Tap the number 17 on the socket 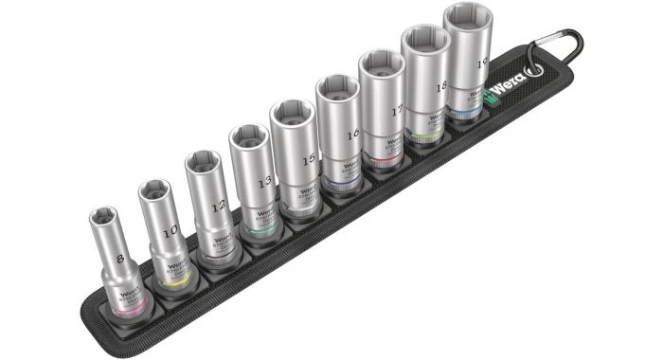tap(395, 110)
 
